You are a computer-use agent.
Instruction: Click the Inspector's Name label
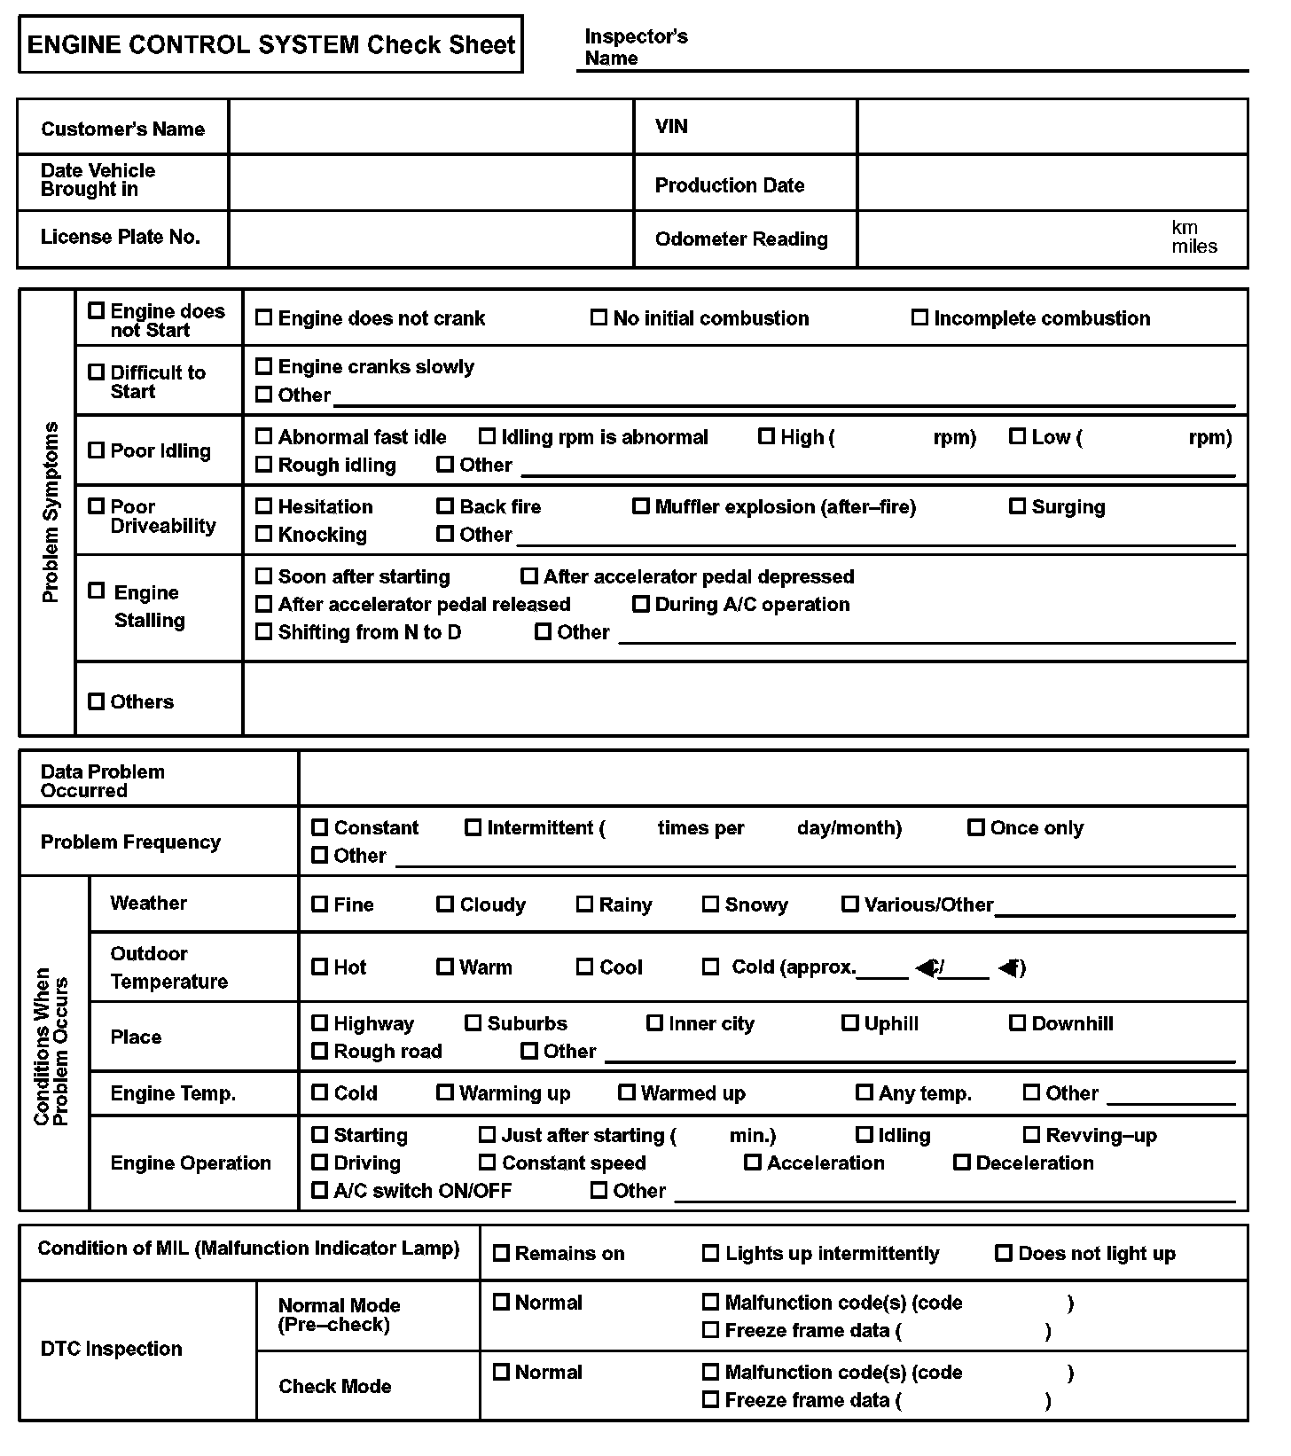coord(636,48)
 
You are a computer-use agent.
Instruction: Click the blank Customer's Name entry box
coord(431,127)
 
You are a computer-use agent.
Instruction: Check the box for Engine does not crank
coord(263,317)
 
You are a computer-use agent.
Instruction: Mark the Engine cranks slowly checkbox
coord(263,366)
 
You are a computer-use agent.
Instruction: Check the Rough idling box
coord(263,465)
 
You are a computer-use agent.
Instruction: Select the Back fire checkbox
coord(445,506)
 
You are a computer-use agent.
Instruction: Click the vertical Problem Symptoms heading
coord(51,512)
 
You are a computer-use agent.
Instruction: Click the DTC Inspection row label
coord(111,1349)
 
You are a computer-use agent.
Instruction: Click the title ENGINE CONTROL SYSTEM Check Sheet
coord(270,44)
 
